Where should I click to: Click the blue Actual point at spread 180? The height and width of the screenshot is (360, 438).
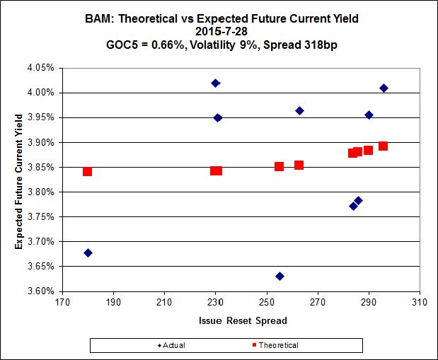coord(88,252)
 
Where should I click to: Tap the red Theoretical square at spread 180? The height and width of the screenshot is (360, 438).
coord(87,171)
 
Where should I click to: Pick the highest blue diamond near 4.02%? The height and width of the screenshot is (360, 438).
coord(216,83)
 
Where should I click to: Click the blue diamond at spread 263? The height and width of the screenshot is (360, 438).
coord(299,110)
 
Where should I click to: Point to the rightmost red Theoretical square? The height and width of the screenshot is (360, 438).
coord(383,146)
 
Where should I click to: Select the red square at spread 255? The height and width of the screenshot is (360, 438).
coord(279,166)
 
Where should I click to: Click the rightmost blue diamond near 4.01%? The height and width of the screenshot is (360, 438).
coord(384,88)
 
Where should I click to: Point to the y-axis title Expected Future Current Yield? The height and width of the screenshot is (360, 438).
coord(20,180)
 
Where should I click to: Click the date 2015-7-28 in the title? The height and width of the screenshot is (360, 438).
coord(219,31)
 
